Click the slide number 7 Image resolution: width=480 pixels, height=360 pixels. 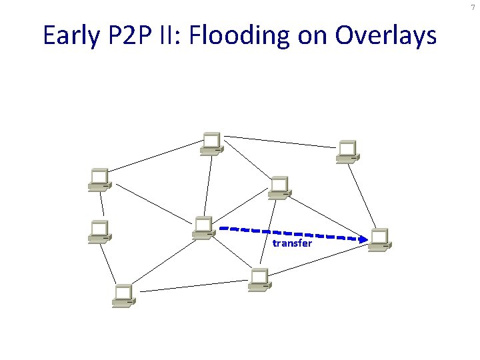pos(472,7)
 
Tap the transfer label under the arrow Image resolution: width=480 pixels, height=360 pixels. pos(292,243)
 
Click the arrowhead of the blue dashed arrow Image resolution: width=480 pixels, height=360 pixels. pos(365,238)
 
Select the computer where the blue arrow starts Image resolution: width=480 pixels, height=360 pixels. pos(202,227)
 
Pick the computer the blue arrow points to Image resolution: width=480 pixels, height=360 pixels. pos(379,239)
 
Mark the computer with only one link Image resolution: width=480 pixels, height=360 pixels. pos(99,231)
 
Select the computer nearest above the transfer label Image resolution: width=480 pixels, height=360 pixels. pos(278,187)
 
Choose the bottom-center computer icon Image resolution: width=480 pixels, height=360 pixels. pos(259,280)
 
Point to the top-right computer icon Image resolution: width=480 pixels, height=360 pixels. pos(347,151)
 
